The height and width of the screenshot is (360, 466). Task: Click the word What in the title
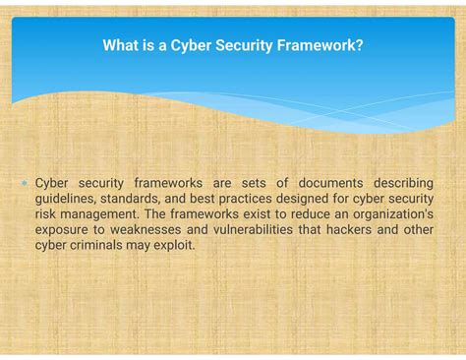click(x=120, y=45)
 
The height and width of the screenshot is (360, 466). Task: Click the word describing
click(x=401, y=183)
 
